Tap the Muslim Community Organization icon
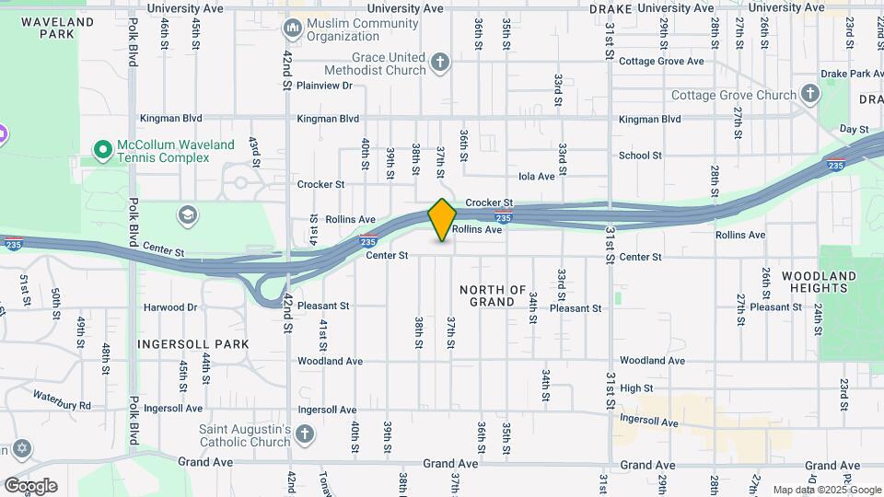[x=294, y=29]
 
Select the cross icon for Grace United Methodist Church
[x=440, y=63]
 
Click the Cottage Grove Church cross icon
[x=809, y=94]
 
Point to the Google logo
[x=30, y=486]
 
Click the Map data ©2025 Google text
[x=825, y=490]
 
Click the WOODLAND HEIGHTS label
[x=819, y=282]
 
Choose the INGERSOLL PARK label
[x=193, y=343]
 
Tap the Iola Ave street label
[x=537, y=176]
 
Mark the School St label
[x=640, y=156]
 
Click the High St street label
[x=636, y=388]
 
